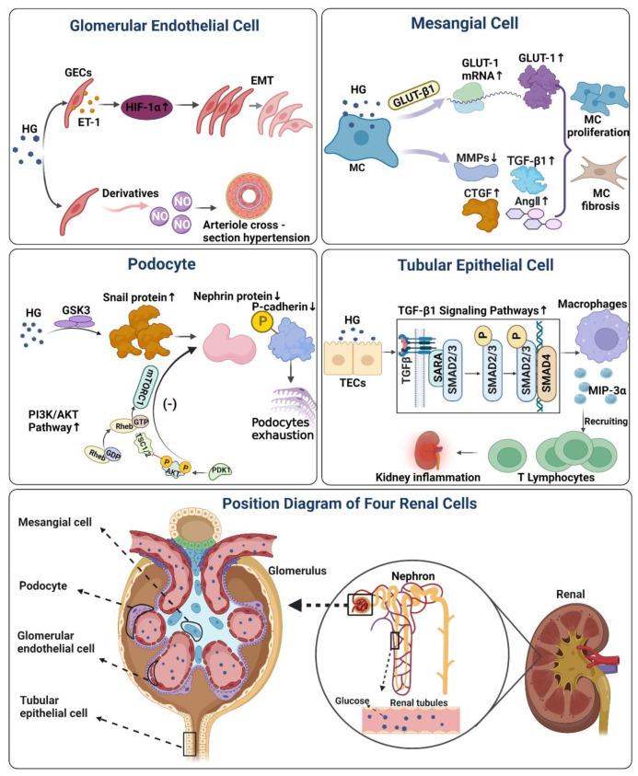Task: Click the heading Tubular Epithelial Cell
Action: point(476,264)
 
